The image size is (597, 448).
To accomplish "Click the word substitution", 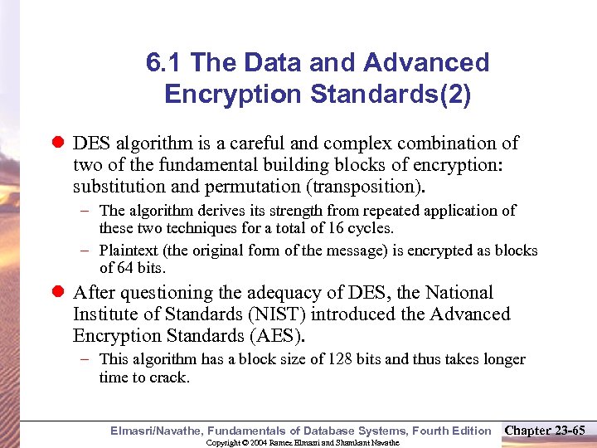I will click(x=117, y=185).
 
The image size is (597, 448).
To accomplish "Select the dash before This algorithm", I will click(x=85, y=359).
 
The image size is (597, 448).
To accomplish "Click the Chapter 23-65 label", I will click(x=546, y=430).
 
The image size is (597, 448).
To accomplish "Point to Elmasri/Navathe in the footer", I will click(x=155, y=431).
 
